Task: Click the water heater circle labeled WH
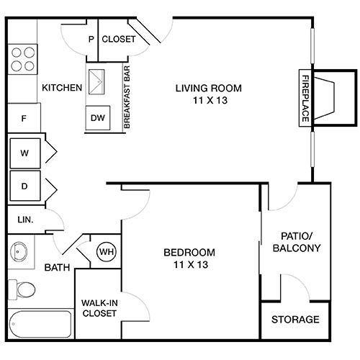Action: [x=107, y=252]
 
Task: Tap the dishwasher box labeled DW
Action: [x=98, y=118]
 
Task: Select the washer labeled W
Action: [x=25, y=153]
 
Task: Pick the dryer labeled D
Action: [x=25, y=186]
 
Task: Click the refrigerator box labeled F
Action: [x=24, y=118]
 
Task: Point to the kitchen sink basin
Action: [x=96, y=82]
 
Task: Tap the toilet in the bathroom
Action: [x=22, y=289]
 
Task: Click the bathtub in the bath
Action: [x=40, y=324]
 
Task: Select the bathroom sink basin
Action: [x=19, y=252]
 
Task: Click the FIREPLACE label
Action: [x=305, y=99]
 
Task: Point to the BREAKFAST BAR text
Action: [x=127, y=97]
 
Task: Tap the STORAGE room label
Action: [x=295, y=320]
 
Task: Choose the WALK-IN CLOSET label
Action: [x=99, y=308]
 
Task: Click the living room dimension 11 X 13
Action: [x=210, y=100]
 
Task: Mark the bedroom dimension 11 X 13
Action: [x=191, y=265]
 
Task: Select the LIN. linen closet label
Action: [x=25, y=220]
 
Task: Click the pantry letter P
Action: [x=91, y=39]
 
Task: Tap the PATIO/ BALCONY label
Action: [x=297, y=242]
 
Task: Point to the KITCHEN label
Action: [x=62, y=88]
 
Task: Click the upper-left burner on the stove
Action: [x=17, y=53]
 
